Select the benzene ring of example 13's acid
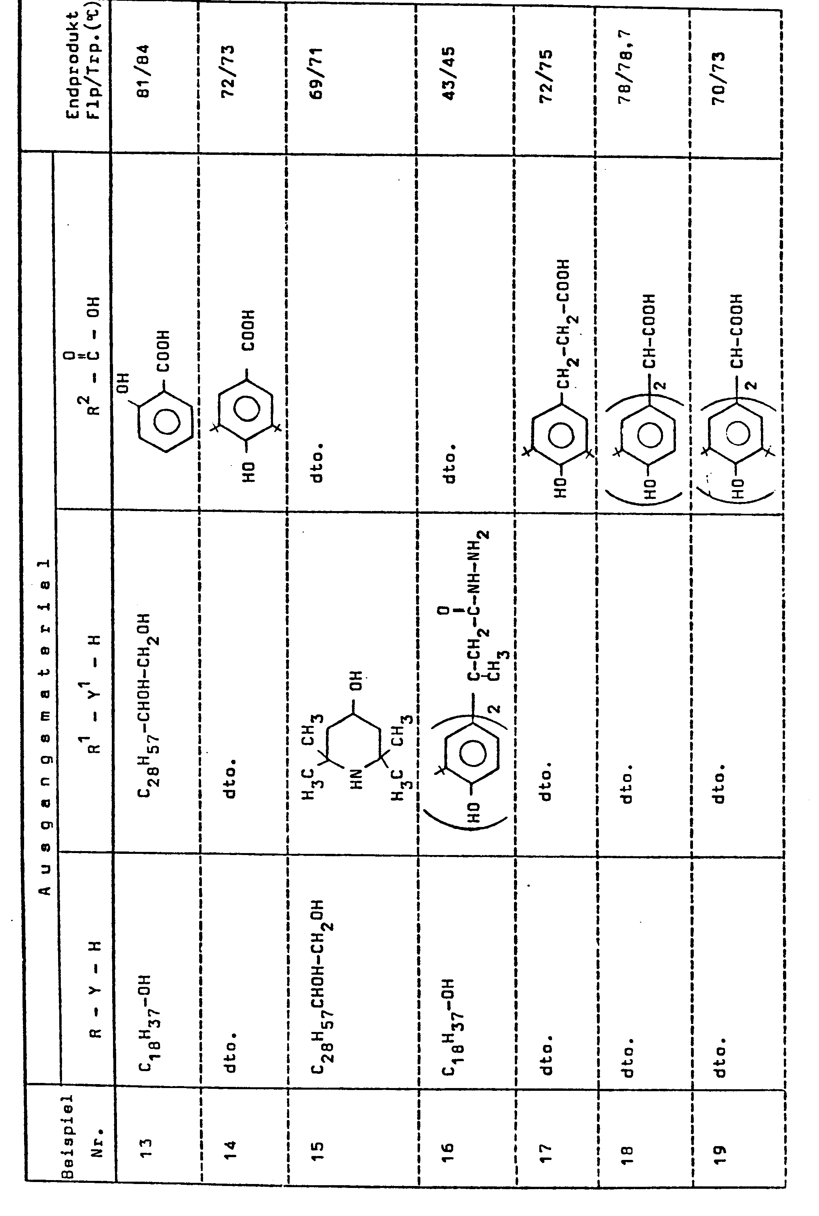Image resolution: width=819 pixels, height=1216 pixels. [166, 422]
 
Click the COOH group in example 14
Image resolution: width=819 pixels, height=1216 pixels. [249, 330]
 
